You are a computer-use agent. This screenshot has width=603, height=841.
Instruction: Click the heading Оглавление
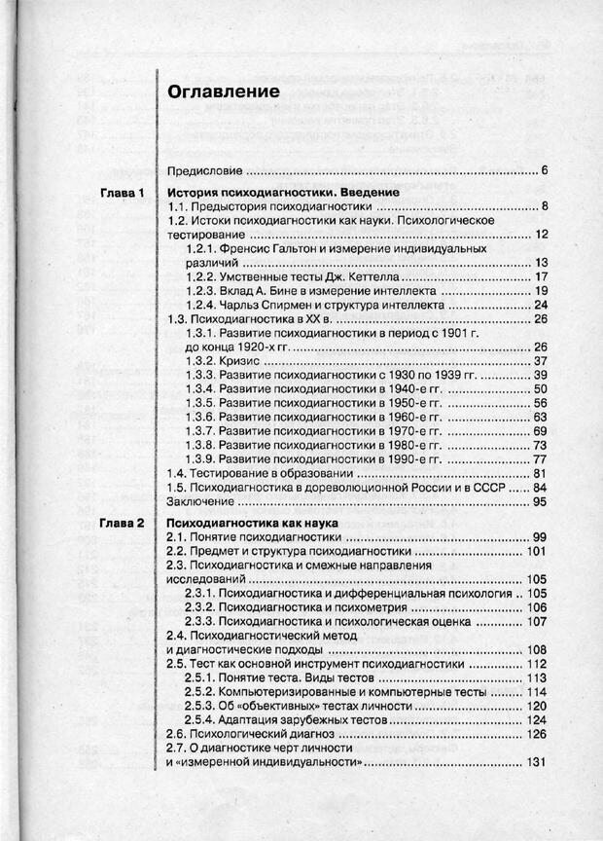click(x=224, y=91)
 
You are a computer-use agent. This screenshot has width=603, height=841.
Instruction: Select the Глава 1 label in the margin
click(x=123, y=193)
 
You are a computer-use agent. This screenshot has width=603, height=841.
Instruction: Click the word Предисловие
click(x=206, y=171)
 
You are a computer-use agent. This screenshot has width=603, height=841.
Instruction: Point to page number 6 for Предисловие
click(x=545, y=171)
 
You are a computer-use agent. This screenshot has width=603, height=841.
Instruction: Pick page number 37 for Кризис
click(x=542, y=361)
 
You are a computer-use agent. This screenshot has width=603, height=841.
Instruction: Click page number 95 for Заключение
click(x=541, y=501)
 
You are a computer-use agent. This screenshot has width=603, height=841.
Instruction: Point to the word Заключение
click(x=200, y=501)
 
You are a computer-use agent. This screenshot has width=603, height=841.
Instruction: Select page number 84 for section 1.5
click(x=541, y=487)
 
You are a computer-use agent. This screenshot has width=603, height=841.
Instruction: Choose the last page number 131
click(x=538, y=762)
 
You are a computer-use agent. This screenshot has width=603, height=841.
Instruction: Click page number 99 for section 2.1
click(x=541, y=537)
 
